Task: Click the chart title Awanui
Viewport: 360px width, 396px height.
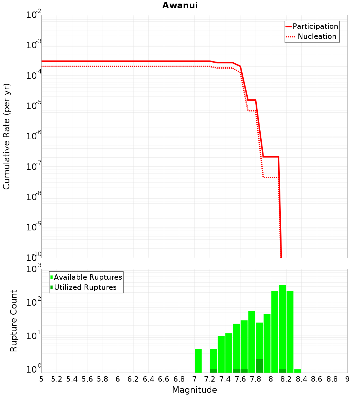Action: point(180,5)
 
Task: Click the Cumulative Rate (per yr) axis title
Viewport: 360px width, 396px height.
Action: point(6,136)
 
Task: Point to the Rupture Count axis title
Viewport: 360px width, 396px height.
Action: point(14,321)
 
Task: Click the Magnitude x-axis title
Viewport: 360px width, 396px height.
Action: point(194,390)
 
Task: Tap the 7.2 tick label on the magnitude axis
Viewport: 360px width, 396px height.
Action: point(210,379)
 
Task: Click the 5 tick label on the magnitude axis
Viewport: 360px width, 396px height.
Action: point(41,379)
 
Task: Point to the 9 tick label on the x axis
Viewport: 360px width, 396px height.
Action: point(347,379)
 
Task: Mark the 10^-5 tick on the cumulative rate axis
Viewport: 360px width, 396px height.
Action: point(33,106)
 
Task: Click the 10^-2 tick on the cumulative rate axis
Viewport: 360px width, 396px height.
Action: point(33,15)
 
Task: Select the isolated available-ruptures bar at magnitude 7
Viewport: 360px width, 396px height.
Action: point(198,361)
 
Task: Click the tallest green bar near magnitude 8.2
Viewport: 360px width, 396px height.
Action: point(282,328)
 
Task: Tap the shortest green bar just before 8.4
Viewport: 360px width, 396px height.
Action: point(297,371)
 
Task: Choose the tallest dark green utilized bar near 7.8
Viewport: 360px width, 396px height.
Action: point(259,366)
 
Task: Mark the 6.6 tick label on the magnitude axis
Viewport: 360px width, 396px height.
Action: point(164,379)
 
